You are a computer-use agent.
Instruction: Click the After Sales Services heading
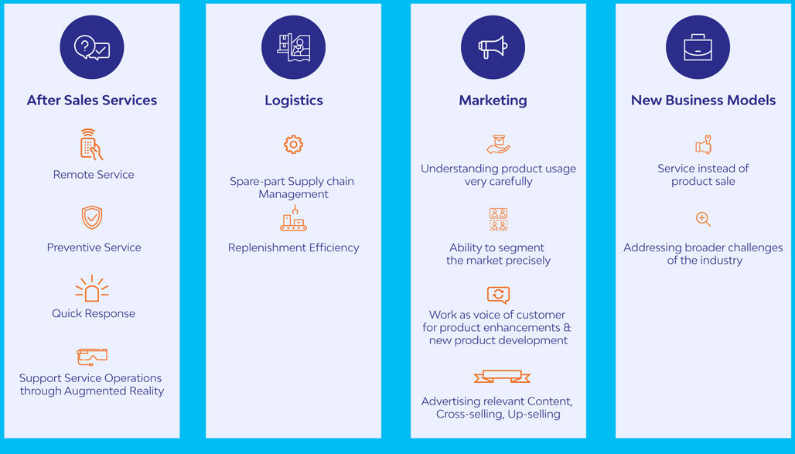tap(92, 101)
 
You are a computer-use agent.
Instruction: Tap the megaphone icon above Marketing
tap(493, 46)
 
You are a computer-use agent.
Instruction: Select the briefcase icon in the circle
tap(698, 47)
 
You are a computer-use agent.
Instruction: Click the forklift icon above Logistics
tap(294, 47)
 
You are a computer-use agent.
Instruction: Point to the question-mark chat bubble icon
tap(92, 48)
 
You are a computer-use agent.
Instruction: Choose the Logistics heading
tap(294, 101)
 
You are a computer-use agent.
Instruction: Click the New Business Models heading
tap(703, 101)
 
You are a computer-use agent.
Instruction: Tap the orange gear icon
tap(294, 145)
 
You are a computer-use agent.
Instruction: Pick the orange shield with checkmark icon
tap(92, 217)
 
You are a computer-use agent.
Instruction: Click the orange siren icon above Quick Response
tap(92, 288)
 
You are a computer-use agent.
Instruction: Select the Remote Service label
tap(94, 175)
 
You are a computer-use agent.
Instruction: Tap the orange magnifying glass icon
tap(703, 219)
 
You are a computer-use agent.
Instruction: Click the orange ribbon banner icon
tap(502, 377)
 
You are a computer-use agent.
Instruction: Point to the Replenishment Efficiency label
tap(294, 247)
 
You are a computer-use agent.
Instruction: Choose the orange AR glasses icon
tap(92, 357)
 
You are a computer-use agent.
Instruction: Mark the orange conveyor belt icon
tap(294, 218)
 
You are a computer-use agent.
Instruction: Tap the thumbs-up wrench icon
tap(704, 145)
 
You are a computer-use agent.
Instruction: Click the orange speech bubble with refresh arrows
tap(498, 295)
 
